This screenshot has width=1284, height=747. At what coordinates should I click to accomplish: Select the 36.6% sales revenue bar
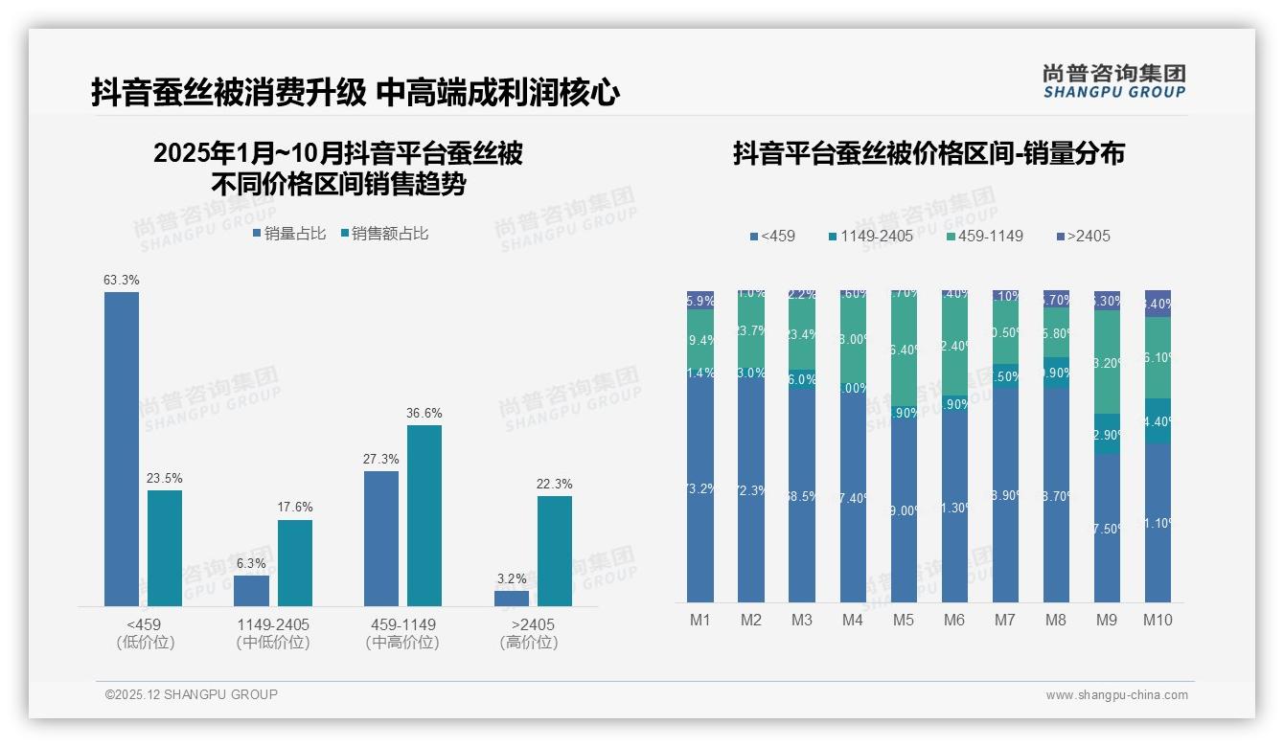pyautogui.click(x=424, y=515)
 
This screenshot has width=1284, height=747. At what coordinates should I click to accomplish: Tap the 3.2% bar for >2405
pyautogui.click(x=512, y=598)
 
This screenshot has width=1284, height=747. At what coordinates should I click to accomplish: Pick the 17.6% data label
pyautogui.click(x=295, y=507)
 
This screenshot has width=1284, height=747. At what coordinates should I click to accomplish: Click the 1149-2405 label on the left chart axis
pyautogui.click(x=273, y=624)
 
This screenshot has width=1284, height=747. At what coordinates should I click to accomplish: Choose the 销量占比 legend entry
pyautogui.click(x=288, y=233)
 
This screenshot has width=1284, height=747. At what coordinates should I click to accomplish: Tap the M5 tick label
pyautogui.click(x=904, y=620)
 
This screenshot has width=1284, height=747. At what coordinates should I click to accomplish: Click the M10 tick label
pyautogui.click(x=1158, y=620)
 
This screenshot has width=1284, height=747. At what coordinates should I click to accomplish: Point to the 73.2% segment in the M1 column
pyautogui.click(x=700, y=488)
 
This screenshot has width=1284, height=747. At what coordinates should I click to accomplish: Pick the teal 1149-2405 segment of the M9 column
pyautogui.click(x=1107, y=434)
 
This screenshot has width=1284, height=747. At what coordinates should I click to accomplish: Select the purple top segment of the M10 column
pyautogui.click(x=1158, y=303)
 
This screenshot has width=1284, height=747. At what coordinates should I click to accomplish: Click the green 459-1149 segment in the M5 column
pyautogui.click(x=904, y=350)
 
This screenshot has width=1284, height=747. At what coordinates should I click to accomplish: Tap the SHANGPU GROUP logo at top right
pyautogui.click(x=1114, y=80)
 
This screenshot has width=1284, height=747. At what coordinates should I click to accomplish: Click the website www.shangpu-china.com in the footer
pyautogui.click(x=1116, y=695)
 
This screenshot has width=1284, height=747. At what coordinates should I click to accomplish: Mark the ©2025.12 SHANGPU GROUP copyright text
pyautogui.click(x=192, y=694)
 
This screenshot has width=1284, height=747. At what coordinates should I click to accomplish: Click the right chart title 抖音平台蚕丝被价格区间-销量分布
pyautogui.click(x=929, y=153)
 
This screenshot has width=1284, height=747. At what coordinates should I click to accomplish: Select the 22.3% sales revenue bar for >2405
pyautogui.click(x=554, y=551)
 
